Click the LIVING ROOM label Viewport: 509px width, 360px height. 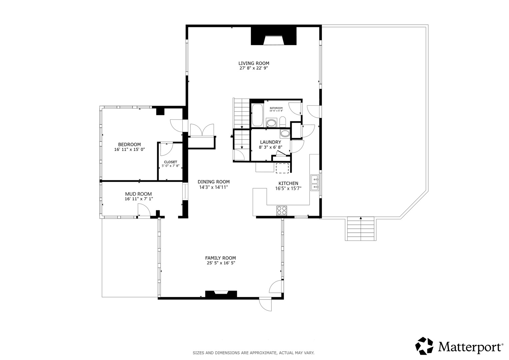[x=254, y=63]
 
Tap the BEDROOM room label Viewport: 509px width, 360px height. [x=129, y=145]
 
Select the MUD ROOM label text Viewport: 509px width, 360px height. [x=138, y=194]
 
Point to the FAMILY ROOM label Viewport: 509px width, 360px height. [x=220, y=258]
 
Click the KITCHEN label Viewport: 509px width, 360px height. [x=288, y=183]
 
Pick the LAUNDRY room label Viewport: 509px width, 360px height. [x=270, y=142]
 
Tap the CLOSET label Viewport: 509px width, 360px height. [x=170, y=162]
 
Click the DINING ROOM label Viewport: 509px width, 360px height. [x=214, y=182]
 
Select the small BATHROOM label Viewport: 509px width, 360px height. [x=276, y=108]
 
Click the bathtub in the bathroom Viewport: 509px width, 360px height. [x=257, y=115]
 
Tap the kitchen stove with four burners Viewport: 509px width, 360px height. [x=282, y=211]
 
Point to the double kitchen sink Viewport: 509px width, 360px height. [x=315, y=183]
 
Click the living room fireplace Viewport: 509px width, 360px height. [x=274, y=36]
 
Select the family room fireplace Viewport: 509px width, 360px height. [x=221, y=294]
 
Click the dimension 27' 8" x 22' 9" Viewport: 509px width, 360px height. [x=254, y=68]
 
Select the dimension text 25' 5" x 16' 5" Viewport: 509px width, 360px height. [x=220, y=263]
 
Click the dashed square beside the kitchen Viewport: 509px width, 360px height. [x=282, y=168]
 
